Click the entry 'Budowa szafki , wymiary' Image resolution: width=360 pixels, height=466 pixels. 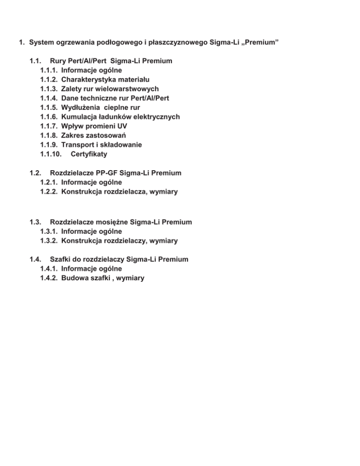pyautogui.click(x=103, y=278)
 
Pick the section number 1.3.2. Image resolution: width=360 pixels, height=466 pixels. pyautogui.click(x=49, y=241)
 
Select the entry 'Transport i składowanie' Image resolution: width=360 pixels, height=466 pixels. pyautogui.click(x=102, y=144)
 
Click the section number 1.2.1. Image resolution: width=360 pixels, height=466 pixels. pyautogui.click(x=49, y=182)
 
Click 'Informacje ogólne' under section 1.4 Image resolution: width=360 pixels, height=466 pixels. pyautogui.click(x=91, y=269)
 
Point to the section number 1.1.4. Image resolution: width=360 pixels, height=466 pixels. pyautogui.click(x=49, y=98)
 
